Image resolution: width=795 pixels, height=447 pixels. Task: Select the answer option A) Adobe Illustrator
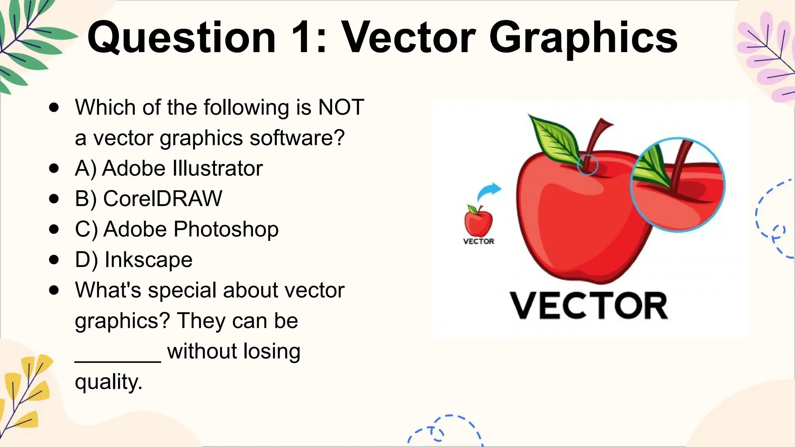coord(168,168)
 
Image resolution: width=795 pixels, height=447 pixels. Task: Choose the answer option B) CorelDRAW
coord(148,199)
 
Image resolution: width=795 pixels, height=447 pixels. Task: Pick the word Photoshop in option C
coord(226,229)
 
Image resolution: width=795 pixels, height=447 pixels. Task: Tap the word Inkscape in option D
coord(148,260)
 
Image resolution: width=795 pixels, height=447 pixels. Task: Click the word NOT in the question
coord(341,107)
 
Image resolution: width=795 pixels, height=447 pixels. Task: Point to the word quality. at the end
coord(109,382)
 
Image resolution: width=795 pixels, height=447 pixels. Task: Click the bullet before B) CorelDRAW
coord(54,199)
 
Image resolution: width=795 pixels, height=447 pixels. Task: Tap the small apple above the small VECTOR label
coord(478,221)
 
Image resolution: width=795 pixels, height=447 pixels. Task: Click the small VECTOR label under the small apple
coord(479,241)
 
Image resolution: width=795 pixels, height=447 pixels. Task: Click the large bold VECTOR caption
coord(588,306)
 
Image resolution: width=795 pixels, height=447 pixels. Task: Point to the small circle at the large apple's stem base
coord(587,165)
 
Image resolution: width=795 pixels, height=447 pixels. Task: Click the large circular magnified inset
coord(677,185)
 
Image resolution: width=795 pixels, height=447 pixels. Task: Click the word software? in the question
coord(297,138)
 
